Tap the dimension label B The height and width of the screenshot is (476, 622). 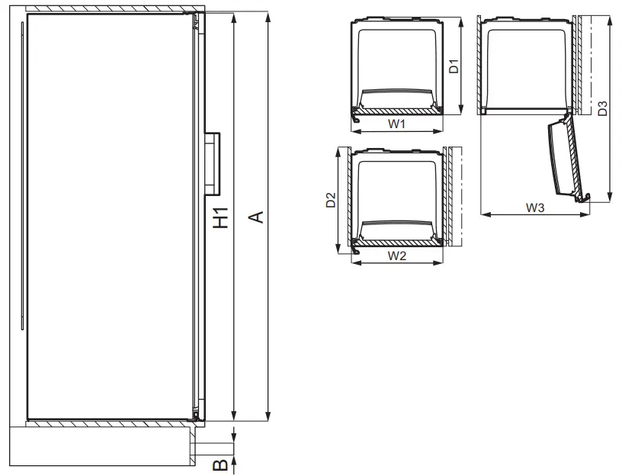218,464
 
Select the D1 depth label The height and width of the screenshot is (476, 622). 453,66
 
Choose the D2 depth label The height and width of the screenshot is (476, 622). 331,201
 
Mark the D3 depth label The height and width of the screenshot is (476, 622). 602,108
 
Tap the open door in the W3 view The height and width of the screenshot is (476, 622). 566,159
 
